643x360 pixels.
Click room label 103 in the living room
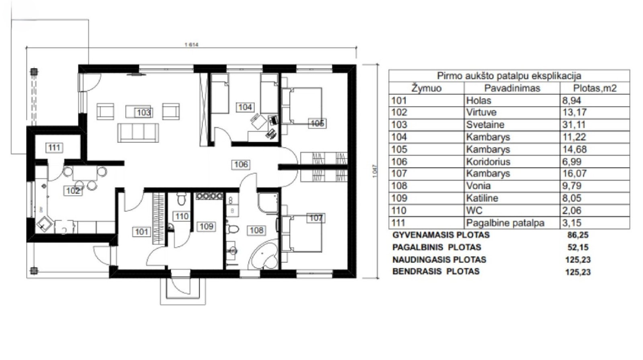pos(143,112)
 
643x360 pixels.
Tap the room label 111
pos(54,148)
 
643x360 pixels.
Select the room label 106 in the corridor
pos(241,164)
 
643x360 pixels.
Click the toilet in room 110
pos(181,198)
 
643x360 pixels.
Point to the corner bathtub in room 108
pos(264,256)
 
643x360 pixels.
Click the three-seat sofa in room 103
pos(138,133)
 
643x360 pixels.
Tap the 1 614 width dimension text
pos(191,45)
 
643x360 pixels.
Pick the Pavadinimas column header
pos(512,88)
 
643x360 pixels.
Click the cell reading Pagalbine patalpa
pos(505,223)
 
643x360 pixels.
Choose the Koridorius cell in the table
pos(488,162)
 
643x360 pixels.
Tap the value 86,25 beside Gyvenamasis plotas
pos(578,235)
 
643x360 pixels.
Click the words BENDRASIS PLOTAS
pos(436,271)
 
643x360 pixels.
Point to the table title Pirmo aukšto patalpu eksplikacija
pos(509,76)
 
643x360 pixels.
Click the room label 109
pos(206,227)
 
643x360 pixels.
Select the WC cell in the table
pos(474,211)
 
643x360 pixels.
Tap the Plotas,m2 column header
pos(595,88)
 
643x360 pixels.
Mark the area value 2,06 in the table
pos(572,211)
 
